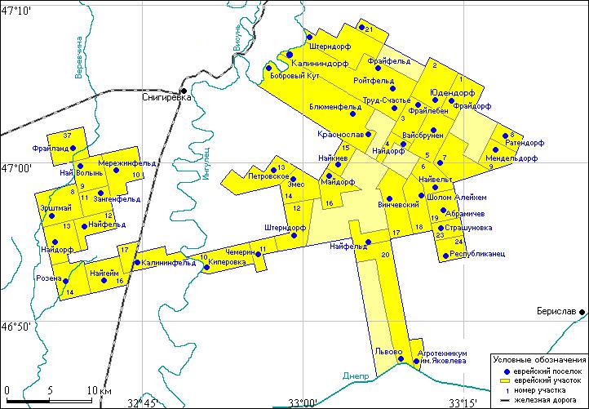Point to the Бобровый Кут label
pos(294,77)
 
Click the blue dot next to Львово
pos(400,358)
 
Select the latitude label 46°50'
pos(16,326)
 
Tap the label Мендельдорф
pos(511,158)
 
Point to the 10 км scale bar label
pos(100,389)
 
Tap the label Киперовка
pos(228,263)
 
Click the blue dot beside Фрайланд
pos(73,149)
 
